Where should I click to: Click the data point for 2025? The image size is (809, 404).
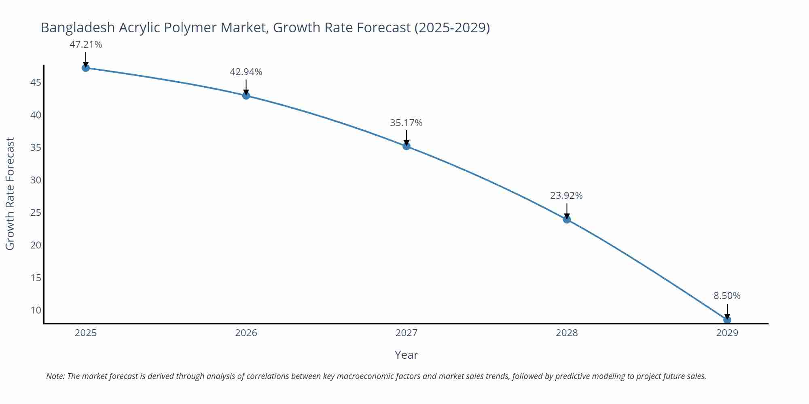point(86,68)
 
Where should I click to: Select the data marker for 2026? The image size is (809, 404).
point(246,96)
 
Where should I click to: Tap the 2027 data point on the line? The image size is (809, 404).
point(407,146)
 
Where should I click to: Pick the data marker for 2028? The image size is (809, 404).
point(567,219)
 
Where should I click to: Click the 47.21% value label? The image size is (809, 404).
point(86,44)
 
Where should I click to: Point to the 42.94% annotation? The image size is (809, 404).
point(246,72)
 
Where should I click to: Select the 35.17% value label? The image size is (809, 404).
point(406,123)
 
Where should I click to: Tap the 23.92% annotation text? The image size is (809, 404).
point(566,196)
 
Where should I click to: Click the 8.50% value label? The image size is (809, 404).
point(727,296)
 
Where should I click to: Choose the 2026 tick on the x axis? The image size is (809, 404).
point(246,333)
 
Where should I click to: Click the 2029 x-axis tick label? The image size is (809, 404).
point(727,333)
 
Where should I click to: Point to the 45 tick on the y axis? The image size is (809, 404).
point(36,82)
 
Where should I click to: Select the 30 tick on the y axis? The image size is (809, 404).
point(36,180)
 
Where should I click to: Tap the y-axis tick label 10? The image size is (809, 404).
point(36,310)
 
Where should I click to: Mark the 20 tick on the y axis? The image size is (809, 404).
point(36,245)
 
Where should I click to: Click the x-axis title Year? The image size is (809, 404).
point(406,355)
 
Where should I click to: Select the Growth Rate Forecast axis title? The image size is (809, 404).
point(10,194)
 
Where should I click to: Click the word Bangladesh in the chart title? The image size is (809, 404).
point(78,27)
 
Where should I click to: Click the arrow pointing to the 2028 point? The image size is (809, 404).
point(567,210)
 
